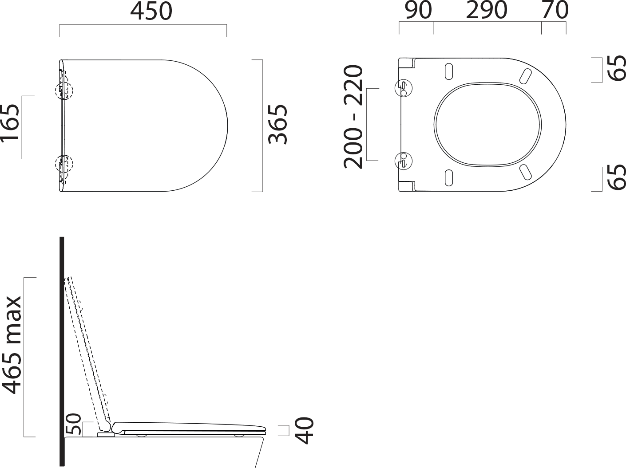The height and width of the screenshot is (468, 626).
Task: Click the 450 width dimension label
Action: [151, 11]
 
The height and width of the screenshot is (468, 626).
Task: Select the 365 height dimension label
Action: [278, 125]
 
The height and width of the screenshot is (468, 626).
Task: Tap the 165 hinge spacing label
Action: [9, 123]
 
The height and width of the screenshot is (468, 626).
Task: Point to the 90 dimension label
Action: [418, 10]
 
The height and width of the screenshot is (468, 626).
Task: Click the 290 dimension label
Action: [487, 10]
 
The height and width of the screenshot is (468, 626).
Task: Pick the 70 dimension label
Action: [555, 10]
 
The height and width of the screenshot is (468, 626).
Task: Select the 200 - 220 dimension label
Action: [353, 117]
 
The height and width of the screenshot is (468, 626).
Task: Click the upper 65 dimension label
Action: [616, 68]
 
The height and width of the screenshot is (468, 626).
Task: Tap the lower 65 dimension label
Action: [616, 177]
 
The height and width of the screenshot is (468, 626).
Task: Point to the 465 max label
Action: [12, 345]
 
